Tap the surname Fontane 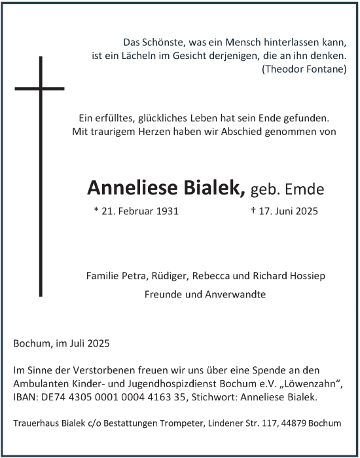click(325, 69)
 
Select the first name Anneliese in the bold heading click(128, 188)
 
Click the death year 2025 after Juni click(305, 212)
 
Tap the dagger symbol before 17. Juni click(253, 211)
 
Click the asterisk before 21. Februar click(96, 211)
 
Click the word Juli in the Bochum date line click(79, 343)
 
